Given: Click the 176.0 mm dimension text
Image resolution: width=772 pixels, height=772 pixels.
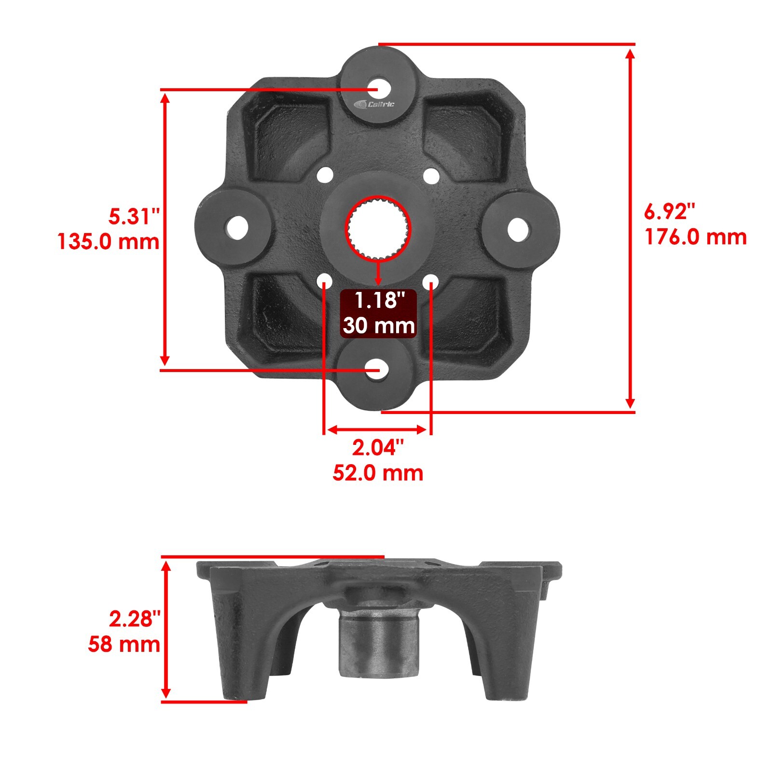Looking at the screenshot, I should pyautogui.click(x=695, y=237).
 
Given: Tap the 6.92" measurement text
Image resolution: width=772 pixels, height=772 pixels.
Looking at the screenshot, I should pyautogui.click(x=670, y=212).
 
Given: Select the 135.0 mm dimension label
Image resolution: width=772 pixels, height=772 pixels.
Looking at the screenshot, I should pyautogui.click(x=108, y=241).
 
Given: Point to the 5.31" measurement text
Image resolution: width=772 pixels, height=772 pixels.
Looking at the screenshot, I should pyautogui.click(x=134, y=217).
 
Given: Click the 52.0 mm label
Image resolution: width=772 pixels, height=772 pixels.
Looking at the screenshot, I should pyautogui.click(x=378, y=473).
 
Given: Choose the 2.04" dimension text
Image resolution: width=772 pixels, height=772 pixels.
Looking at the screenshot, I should pyautogui.click(x=377, y=448).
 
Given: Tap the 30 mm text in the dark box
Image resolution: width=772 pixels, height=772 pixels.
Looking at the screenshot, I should pyautogui.click(x=379, y=326).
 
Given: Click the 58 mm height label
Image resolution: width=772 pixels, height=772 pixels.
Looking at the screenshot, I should pyautogui.click(x=124, y=644).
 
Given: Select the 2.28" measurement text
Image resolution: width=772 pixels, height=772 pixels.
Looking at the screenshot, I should pyautogui.click(x=134, y=619).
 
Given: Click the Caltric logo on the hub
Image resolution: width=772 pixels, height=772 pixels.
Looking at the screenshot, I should pyautogui.click(x=374, y=104).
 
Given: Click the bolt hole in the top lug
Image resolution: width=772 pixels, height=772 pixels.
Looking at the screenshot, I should pyautogui.click(x=379, y=88).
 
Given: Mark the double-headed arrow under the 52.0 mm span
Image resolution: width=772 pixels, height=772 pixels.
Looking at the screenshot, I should pyautogui.click(x=377, y=429).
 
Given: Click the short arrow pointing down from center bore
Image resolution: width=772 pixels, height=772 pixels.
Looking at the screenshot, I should pyautogui.click(x=378, y=273).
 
